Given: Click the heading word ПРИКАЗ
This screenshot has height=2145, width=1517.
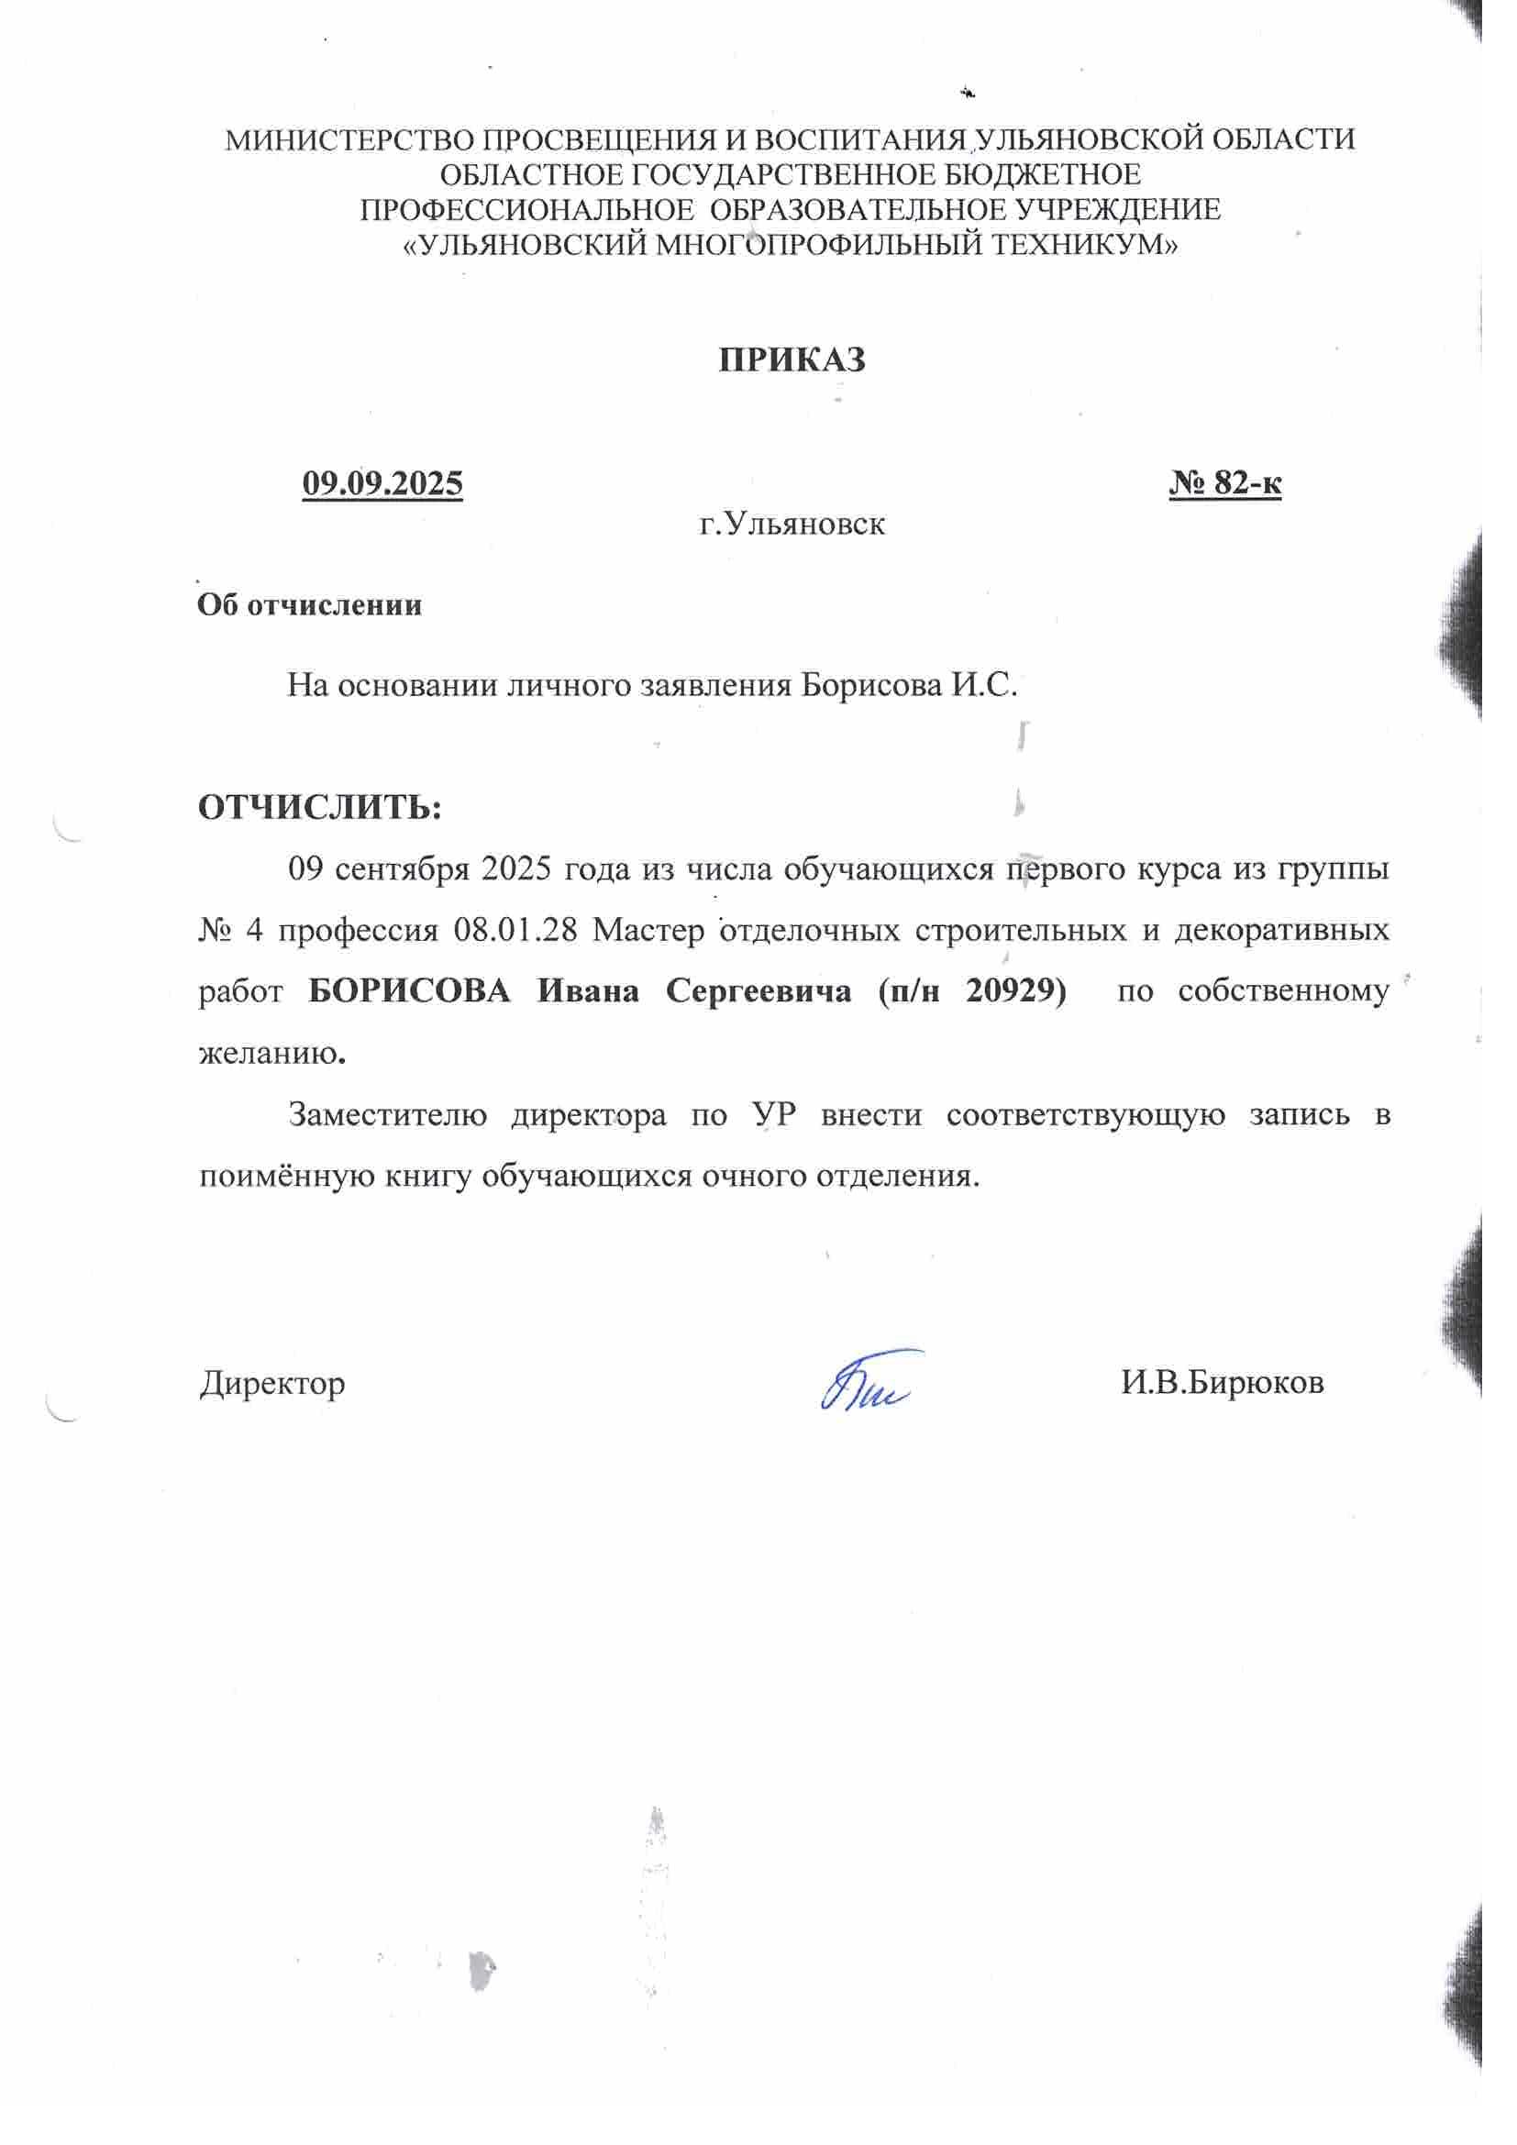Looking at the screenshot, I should point(792,359).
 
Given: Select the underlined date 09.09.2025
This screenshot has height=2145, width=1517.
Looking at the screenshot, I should point(382,483).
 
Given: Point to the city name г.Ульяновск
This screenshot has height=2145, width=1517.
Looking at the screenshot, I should point(792,525).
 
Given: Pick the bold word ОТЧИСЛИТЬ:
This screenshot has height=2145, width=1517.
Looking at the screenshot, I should point(319,806).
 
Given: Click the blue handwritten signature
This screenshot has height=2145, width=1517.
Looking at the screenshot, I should point(869,1381).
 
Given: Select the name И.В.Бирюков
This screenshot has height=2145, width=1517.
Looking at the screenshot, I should point(1222,1382).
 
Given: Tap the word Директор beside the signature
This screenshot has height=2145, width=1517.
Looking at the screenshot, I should point(271,1383).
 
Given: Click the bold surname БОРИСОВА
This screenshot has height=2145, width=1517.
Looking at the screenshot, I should point(409,990).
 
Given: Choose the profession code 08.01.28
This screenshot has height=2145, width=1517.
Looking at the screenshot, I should point(515,931).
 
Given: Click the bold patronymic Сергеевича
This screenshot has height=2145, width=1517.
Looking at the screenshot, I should point(758,990).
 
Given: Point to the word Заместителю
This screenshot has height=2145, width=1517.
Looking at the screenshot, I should point(388,1114).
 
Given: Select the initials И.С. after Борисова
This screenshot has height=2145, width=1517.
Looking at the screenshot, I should point(983,686).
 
